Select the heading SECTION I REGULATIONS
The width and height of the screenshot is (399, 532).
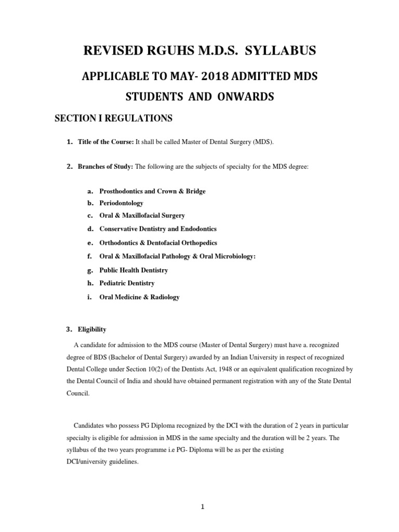point(113,119)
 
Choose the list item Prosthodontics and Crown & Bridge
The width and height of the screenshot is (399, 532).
point(152,191)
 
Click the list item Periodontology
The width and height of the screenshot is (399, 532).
point(121,203)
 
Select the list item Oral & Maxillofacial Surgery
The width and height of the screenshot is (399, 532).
point(142,215)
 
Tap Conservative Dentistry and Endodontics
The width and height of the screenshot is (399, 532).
point(158,229)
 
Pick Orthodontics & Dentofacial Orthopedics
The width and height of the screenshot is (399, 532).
point(158,243)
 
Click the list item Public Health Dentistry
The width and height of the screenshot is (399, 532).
point(134,270)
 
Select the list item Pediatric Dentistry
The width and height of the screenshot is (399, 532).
point(127,283)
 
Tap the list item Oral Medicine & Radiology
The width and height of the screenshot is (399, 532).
point(139,297)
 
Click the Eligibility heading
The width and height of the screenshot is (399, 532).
point(92,329)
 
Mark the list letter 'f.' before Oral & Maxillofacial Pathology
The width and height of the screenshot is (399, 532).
point(90,256)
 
